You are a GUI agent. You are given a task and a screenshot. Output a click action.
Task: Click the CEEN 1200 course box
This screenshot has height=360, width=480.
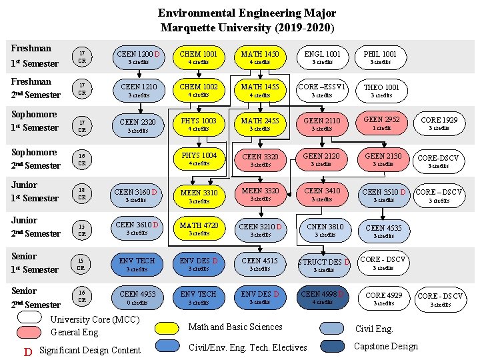click(138, 57)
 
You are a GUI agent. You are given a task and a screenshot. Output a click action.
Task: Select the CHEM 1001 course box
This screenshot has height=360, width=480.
click(199, 57)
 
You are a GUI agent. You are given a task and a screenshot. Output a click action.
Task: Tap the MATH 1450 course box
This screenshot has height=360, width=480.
click(259, 57)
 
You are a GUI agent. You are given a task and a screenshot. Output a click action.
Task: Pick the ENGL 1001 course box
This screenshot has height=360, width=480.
click(322, 57)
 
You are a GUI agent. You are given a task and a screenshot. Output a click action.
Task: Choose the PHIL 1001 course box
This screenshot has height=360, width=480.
click(380, 57)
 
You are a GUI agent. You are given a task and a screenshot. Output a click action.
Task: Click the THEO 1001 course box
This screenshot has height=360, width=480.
click(381, 90)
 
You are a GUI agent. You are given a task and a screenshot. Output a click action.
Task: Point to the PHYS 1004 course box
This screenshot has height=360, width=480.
click(199, 159)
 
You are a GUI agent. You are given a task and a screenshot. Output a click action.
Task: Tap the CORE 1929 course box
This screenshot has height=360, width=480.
click(439, 123)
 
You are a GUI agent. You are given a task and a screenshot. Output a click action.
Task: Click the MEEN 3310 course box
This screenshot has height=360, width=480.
click(199, 196)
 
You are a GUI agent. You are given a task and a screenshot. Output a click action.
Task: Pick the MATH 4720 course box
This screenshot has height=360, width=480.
click(199, 229)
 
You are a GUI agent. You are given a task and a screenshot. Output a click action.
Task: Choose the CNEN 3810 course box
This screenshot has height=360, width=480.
click(325, 230)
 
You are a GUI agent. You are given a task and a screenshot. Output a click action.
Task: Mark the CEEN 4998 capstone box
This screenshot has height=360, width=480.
click(323, 297)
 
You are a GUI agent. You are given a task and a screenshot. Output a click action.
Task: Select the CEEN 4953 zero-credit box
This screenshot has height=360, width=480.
click(138, 297)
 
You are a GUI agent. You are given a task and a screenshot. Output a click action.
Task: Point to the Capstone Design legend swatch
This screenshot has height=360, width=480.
click(331, 346)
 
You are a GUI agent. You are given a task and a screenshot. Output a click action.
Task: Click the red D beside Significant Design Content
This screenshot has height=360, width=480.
click(27, 351)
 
